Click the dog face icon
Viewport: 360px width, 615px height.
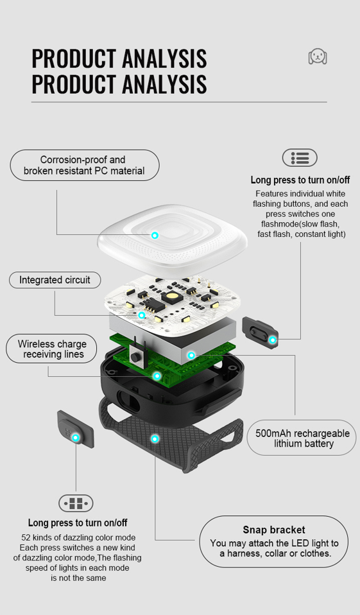tap(318, 56)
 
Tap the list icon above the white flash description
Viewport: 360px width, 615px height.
tap(300, 158)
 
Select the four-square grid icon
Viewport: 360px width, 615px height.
tap(76, 503)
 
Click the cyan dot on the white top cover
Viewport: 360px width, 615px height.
tap(155, 236)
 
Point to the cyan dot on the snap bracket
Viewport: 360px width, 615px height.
tap(155, 438)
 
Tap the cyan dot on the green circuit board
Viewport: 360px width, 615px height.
tap(157, 376)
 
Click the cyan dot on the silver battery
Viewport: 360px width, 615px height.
tap(191, 356)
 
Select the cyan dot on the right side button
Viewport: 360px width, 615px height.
tap(273, 340)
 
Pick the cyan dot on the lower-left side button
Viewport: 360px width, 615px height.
tap(76, 438)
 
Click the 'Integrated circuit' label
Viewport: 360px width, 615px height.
tap(55, 280)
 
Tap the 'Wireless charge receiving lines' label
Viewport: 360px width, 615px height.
tap(51, 349)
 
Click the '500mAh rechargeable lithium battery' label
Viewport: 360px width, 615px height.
tap(302, 438)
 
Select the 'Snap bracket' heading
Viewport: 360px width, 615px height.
tap(274, 530)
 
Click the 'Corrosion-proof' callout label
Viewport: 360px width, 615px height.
tap(84, 165)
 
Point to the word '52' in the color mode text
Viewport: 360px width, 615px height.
tap(26, 538)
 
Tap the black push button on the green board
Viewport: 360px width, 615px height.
tap(135, 358)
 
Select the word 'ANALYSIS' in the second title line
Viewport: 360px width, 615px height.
tap(164, 84)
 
